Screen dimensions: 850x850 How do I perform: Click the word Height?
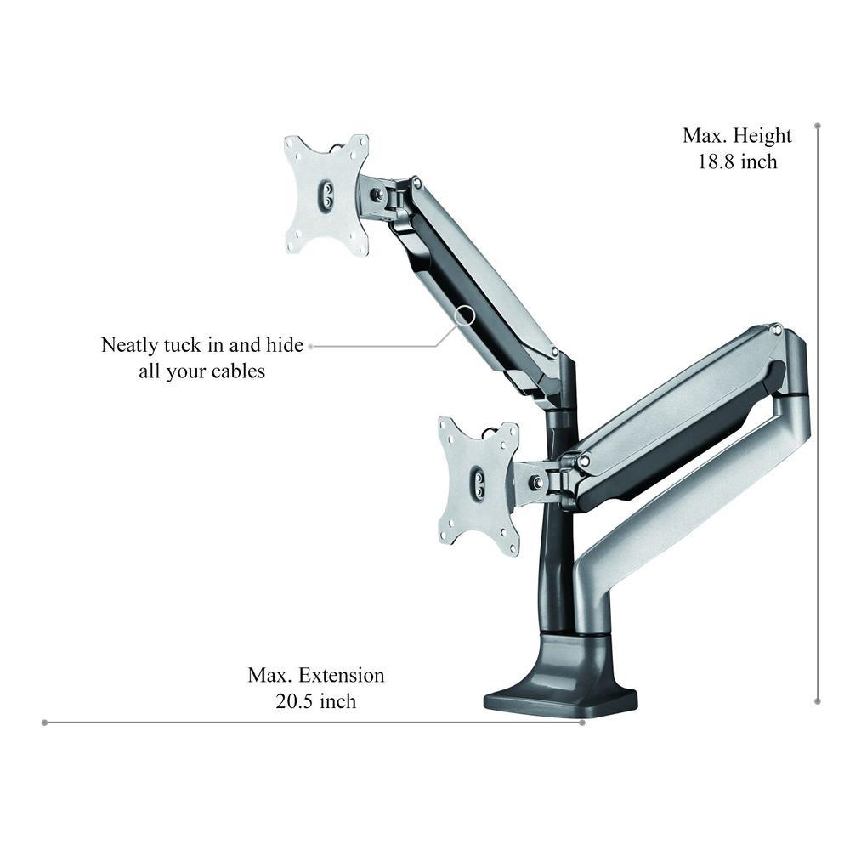762,135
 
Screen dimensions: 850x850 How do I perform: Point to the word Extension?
342,676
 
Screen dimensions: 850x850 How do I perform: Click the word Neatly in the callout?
129,345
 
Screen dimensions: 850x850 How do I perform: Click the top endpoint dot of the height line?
818,127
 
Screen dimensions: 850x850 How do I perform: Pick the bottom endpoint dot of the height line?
818,701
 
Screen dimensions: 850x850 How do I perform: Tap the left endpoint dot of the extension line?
44,722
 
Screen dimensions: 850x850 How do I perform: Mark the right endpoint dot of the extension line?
582,722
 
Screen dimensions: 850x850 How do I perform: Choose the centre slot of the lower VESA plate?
479,481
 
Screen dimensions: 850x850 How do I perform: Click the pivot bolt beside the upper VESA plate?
378,193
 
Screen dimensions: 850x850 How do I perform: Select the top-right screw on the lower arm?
776,329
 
